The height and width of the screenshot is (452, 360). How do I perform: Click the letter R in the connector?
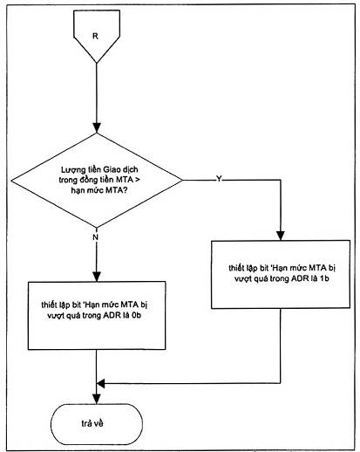tap(95, 36)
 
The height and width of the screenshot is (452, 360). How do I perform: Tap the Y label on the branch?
tap(219, 179)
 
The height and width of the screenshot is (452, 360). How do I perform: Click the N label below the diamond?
tap(95, 237)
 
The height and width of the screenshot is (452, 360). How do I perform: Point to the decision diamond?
tap(97, 181)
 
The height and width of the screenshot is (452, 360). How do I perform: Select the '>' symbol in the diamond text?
tap(138, 180)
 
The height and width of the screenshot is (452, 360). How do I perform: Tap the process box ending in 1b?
tap(281, 274)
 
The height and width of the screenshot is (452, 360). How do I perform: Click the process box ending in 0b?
tap(97, 315)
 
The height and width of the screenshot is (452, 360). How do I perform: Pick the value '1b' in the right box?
tap(324, 278)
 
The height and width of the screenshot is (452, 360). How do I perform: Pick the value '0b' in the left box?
tap(136, 315)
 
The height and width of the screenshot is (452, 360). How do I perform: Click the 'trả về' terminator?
tap(97, 424)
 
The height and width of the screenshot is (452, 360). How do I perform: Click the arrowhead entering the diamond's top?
tap(97, 128)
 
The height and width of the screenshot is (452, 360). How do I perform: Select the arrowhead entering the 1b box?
tap(281, 236)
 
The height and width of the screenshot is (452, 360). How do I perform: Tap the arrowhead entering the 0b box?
tap(97, 277)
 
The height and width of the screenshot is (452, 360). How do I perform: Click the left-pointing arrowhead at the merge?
tap(100, 384)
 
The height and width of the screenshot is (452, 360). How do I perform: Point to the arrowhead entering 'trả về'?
tap(97, 399)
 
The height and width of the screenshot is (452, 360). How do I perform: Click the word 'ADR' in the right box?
tap(298, 278)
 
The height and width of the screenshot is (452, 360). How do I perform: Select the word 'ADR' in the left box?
tap(111, 315)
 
